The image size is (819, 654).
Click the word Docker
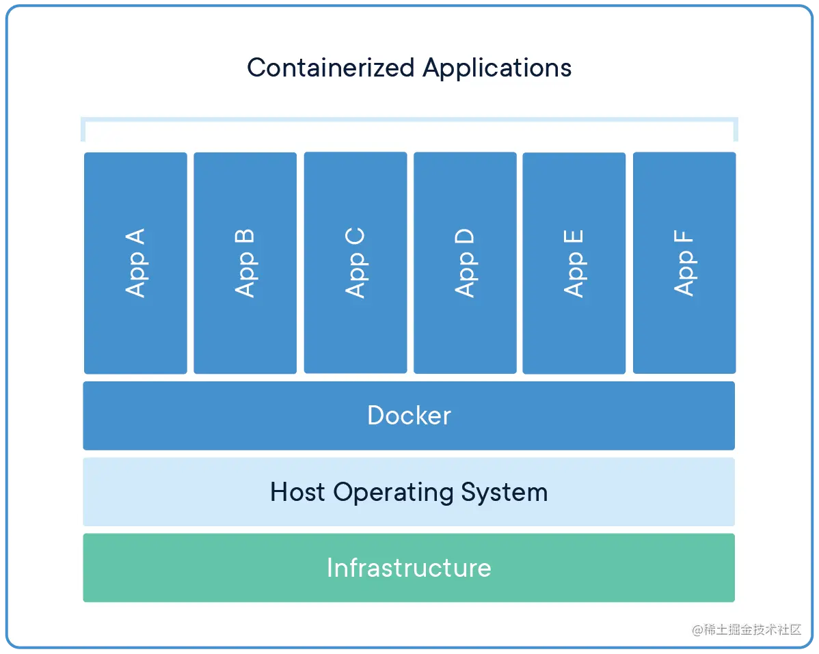pyautogui.click(x=409, y=415)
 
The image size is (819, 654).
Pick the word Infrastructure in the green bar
pyautogui.click(x=409, y=568)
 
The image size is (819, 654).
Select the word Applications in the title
pyautogui.click(x=497, y=68)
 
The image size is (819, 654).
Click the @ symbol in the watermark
pyautogui.click(x=697, y=629)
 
